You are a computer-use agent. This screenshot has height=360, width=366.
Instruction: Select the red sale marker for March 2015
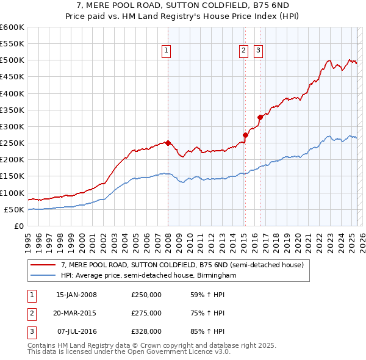coord(245,135)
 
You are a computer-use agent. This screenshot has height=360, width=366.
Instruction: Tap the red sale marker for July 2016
coord(260,117)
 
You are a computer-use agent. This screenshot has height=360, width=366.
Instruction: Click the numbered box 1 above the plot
coord(166,51)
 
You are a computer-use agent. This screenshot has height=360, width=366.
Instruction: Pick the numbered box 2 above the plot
coord(243,51)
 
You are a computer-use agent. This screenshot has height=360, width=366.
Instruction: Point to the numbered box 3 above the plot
coord(258,51)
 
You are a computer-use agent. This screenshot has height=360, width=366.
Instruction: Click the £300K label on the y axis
coord(12,126)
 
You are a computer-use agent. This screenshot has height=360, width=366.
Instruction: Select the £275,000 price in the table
coord(146,313)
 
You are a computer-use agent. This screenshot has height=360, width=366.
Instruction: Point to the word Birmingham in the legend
coord(217,275)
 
